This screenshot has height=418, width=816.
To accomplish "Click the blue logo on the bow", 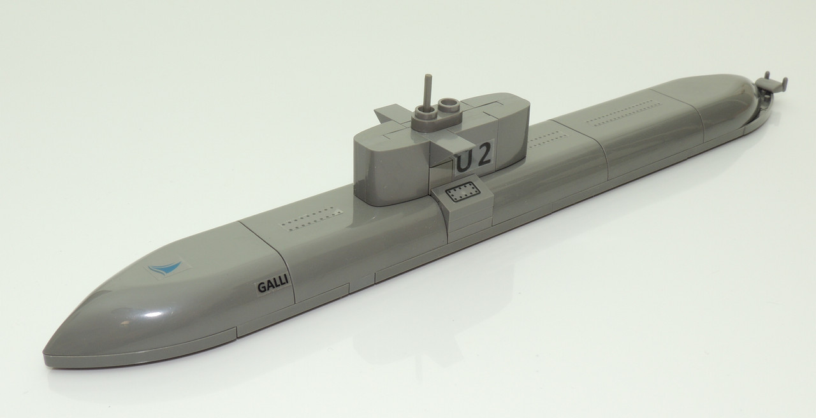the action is tap(165, 268).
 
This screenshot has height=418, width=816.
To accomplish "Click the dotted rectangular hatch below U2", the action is tap(462, 192).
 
